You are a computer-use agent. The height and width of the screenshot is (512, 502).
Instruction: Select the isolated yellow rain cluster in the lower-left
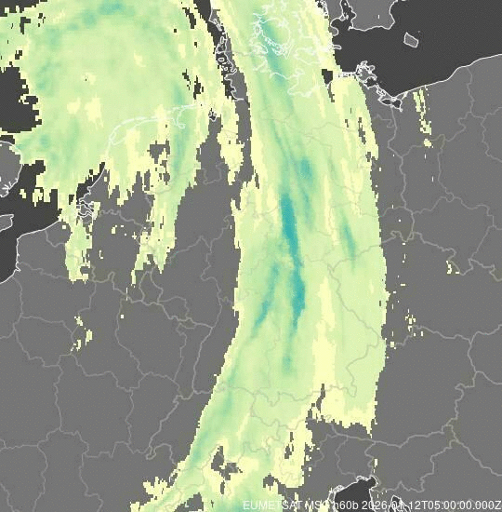click(82, 330)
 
